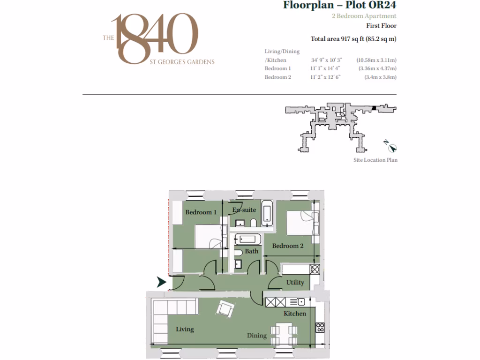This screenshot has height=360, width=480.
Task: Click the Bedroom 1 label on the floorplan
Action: (x=201, y=212)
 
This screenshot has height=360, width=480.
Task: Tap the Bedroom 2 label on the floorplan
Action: (x=287, y=246)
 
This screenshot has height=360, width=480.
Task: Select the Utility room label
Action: (x=295, y=282)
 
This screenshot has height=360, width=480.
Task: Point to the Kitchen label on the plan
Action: (x=295, y=314)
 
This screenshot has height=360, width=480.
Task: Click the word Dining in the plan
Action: (x=257, y=336)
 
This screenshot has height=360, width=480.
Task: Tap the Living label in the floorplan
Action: (x=185, y=329)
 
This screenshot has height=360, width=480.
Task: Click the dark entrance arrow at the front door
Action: (x=162, y=282)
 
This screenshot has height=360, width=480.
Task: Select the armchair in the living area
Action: (x=225, y=308)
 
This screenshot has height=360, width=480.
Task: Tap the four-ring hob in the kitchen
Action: (x=321, y=327)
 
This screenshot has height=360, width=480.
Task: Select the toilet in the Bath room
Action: (x=238, y=253)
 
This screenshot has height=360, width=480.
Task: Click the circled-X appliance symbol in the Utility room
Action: (x=315, y=270)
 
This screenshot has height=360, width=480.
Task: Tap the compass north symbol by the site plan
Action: (x=393, y=148)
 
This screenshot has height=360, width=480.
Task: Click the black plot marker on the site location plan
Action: (x=374, y=108)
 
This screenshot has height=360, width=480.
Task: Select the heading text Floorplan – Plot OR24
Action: (x=339, y=6)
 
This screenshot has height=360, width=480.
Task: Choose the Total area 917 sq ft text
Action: (x=353, y=39)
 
